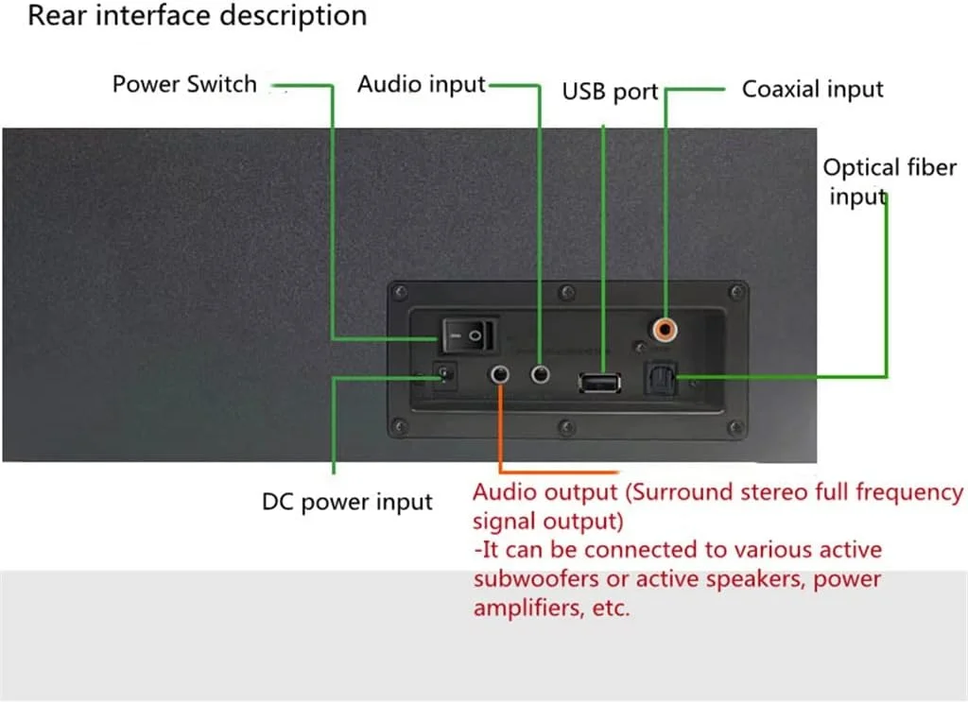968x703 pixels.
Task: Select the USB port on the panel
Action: click(599, 382)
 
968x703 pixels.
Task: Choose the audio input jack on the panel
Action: click(541, 375)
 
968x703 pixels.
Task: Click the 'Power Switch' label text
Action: click(184, 84)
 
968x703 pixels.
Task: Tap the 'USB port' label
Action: click(610, 92)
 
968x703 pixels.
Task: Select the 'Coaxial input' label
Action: click(812, 90)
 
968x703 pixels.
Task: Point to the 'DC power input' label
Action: click(347, 503)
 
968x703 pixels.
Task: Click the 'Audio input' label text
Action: click(421, 84)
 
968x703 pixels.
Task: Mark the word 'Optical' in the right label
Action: click(861, 168)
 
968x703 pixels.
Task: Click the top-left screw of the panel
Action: click(402, 291)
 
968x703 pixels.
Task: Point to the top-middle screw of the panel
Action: click(564, 291)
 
